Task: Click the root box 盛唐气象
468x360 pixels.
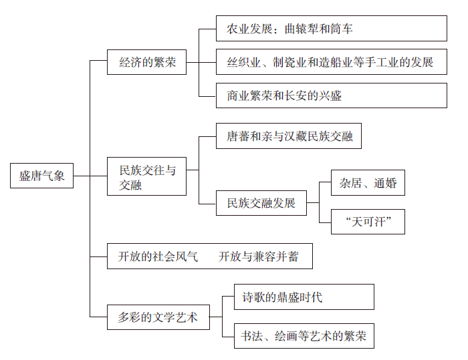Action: tap(42, 176)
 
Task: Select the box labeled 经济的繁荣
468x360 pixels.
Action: tap(147, 62)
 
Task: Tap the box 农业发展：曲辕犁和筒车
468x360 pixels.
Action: tap(332, 29)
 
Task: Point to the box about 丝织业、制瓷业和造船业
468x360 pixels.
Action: tap(332, 62)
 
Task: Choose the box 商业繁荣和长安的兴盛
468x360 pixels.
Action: tap(332, 96)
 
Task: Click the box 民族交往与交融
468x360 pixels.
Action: tap(147, 176)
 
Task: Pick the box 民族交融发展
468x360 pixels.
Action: tap(261, 202)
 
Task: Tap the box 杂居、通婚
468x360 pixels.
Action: tap(368, 183)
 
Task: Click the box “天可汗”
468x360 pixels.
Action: tap(368, 222)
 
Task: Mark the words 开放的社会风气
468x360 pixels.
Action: tap(158, 256)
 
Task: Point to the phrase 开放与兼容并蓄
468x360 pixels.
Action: tap(259, 256)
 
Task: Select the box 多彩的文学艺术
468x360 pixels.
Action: tap(158, 317)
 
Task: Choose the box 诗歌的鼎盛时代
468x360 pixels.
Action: tap(304, 297)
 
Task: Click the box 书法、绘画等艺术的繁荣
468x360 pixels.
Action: tap(304, 336)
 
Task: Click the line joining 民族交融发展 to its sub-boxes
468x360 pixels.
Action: tap(319, 202)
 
